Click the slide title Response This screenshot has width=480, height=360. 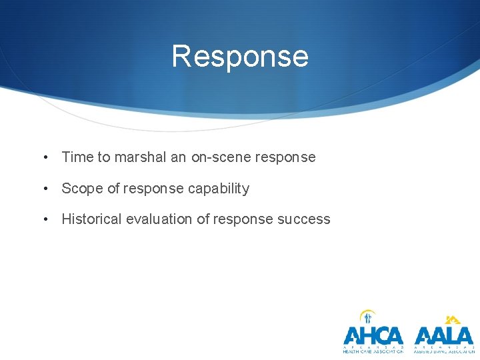click(x=240, y=56)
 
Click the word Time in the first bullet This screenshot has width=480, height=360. click(x=76, y=157)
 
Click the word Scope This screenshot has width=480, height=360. click(x=82, y=189)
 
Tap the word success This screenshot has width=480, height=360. click(x=305, y=219)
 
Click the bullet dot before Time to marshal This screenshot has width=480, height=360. click(x=45, y=158)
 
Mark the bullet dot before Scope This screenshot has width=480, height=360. click(x=45, y=189)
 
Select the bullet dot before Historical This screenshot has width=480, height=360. click(x=45, y=220)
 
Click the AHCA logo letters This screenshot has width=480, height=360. click(x=373, y=335)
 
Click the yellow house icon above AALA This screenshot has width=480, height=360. click(x=453, y=319)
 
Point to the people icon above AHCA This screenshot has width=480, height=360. click(x=367, y=317)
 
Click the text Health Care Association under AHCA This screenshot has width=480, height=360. click(x=373, y=351)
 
